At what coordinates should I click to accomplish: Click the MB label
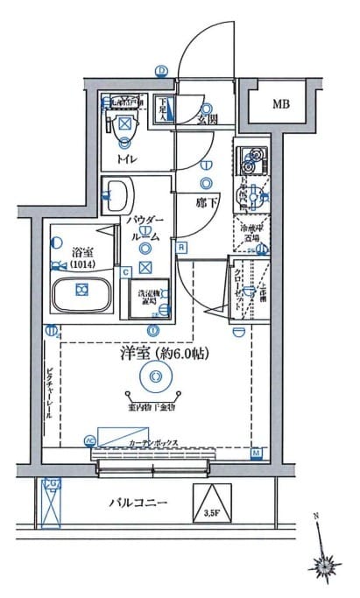(x=280, y=104)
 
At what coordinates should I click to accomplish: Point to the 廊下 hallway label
(x=207, y=201)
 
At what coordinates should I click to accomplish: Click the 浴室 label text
(x=81, y=249)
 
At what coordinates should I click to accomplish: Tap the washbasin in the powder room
(x=117, y=192)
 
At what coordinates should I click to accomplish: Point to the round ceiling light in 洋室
(x=154, y=378)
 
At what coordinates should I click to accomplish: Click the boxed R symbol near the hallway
(x=180, y=247)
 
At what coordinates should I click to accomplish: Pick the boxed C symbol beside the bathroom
(x=126, y=271)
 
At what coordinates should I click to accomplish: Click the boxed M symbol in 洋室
(x=256, y=452)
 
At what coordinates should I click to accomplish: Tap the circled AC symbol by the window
(x=88, y=440)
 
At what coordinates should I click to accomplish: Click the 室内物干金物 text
(x=154, y=407)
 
